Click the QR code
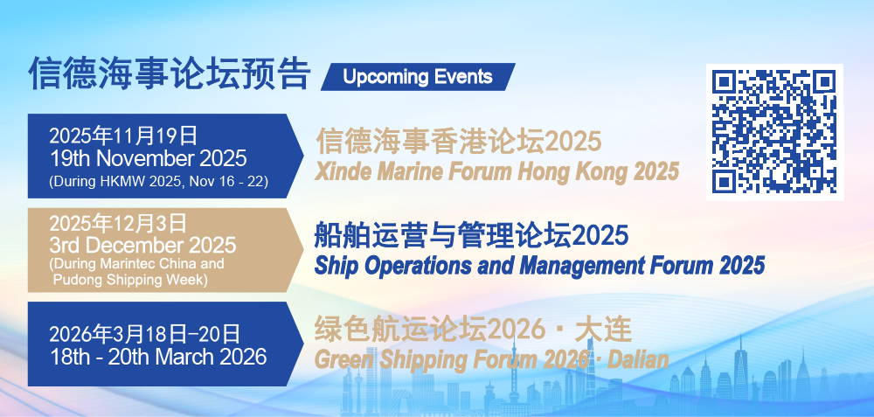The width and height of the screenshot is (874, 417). (x=774, y=132)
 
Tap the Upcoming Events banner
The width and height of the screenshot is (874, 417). (x=418, y=77)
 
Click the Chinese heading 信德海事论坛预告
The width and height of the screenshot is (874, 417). (x=170, y=73)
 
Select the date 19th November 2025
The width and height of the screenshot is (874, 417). (x=149, y=158)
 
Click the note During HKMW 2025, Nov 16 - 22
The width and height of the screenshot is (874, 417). (x=159, y=182)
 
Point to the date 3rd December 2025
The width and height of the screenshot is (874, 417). (x=142, y=245)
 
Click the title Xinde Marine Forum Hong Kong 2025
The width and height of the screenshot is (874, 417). (x=496, y=171)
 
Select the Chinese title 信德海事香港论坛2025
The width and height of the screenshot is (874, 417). (x=459, y=141)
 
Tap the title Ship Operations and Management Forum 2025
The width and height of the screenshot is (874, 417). (x=539, y=266)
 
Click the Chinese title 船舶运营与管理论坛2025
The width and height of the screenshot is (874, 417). (x=472, y=234)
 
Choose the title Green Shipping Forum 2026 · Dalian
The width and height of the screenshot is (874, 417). (x=491, y=359)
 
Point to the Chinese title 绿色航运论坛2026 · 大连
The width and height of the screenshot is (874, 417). (x=474, y=330)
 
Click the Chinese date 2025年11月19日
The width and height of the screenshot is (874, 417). (x=124, y=136)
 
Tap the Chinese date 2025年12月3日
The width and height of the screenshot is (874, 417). (x=118, y=223)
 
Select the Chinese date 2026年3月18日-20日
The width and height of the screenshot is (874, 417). (x=145, y=334)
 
